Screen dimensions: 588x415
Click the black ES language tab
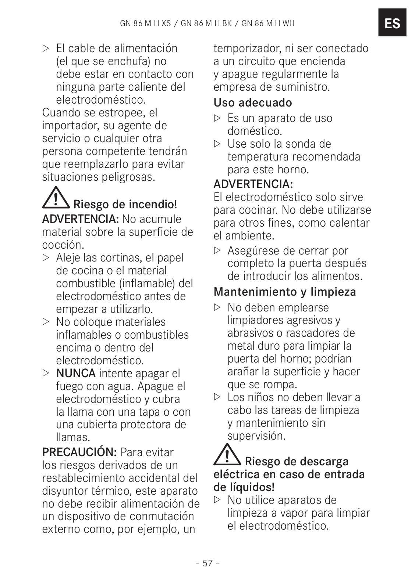tap(392, 23)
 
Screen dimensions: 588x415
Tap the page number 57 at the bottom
tap(207, 563)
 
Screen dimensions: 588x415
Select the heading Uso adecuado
tap(253, 102)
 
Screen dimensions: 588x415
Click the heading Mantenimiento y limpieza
tap(285, 292)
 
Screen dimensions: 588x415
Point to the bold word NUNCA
tap(76, 373)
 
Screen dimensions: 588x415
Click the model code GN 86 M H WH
tap(268, 24)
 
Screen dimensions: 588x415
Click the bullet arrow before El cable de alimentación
tap(46, 48)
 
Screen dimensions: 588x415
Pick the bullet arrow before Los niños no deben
tap(217, 397)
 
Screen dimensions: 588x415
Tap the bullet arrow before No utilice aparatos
tap(217, 500)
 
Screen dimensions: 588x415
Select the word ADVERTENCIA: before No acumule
tap(80, 219)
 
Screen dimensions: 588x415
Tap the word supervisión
tap(256, 436)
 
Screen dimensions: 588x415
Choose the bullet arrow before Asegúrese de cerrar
tap(217, 250)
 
